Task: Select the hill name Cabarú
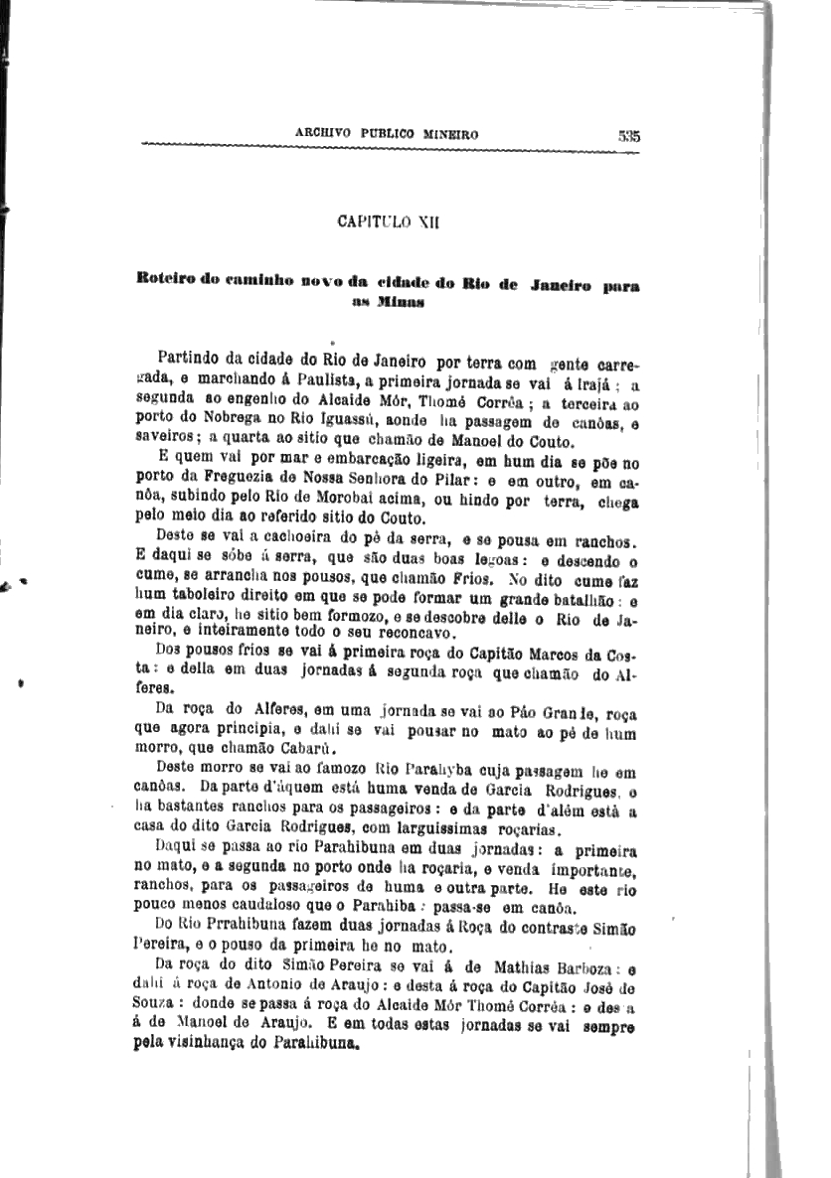pos(305,749)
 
